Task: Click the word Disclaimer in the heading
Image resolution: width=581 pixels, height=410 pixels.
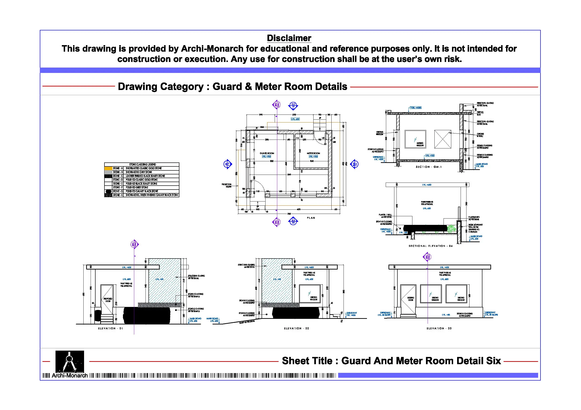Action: click(289, 38)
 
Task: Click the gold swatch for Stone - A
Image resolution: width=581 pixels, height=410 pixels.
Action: click(108, 168)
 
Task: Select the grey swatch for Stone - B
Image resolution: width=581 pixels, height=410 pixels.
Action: click(108, 172)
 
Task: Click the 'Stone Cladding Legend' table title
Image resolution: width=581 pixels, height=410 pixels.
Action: click(142, 165)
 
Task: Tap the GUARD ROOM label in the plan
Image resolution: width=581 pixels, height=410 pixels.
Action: click(267, 153)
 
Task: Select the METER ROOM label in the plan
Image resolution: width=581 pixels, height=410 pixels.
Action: click(313, 153)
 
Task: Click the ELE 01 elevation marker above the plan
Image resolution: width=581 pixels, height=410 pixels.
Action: click(293, 106)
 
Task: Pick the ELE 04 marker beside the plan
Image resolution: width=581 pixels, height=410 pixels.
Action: click(355, 164)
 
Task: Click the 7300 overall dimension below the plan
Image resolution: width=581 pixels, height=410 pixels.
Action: click(289, 214)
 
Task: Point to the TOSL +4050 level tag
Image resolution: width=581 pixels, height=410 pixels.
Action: click(415, 108)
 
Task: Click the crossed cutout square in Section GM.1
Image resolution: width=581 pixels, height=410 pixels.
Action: click(443, 139)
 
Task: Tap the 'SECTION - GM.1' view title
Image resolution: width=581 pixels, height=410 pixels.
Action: click(428, 167)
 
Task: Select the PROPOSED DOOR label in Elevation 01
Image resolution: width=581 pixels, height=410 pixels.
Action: click(108, 300)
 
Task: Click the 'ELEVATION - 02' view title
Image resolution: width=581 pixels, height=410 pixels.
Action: click(296, 328)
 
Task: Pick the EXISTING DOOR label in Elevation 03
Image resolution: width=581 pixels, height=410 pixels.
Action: click(411, 299)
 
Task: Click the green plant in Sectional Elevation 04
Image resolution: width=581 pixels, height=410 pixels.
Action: click(451, 229)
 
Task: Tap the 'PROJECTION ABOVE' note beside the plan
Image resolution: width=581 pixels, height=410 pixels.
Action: click(226, 185)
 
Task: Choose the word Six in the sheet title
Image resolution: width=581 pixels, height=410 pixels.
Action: click(493, 361)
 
